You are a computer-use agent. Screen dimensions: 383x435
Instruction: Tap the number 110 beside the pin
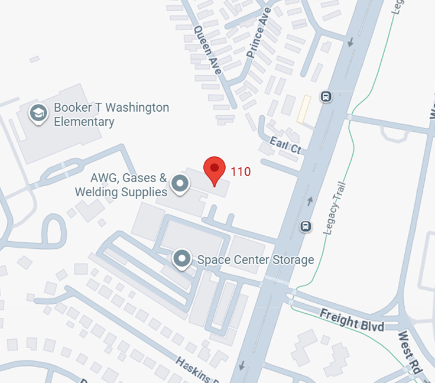241,172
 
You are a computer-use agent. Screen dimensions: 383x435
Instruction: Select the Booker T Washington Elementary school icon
39,113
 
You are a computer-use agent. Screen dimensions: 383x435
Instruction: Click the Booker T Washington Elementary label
111,115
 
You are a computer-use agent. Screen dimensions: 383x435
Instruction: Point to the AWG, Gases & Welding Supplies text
121,184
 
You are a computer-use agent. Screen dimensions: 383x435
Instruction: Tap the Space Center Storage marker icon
181,259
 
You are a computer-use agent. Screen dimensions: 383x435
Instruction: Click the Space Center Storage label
255,260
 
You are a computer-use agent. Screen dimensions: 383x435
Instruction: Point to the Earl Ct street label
285,145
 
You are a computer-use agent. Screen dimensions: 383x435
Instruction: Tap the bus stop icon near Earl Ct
326,96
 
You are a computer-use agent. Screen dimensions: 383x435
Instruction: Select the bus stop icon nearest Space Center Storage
306,226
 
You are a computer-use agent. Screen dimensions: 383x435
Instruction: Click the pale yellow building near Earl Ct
304,110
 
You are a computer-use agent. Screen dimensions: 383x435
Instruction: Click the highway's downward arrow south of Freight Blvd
241,366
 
